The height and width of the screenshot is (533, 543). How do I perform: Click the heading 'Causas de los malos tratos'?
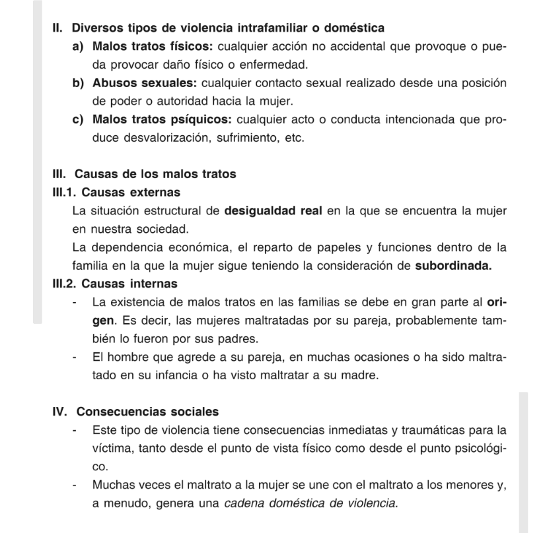[x=155, y=175]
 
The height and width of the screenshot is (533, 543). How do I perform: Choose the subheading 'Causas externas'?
[x=131, y=193]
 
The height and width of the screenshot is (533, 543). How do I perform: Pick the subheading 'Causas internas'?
[x=130, y=284]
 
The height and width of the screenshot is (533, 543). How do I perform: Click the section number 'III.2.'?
[x=65, y=284]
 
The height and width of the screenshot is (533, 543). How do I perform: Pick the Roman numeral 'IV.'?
[x=61, y=412]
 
